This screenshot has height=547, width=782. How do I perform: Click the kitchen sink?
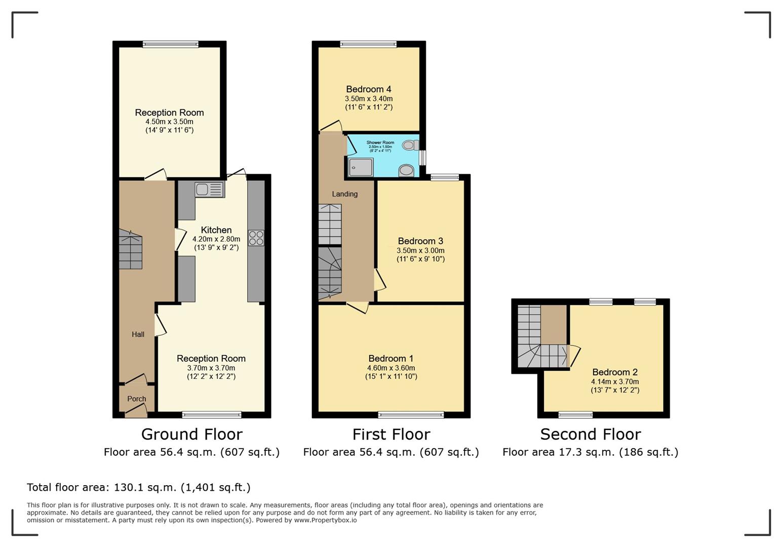pos(210,189)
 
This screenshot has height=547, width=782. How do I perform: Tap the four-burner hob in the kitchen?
pos(256,238)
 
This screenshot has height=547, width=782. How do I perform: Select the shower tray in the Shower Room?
pos(361,167)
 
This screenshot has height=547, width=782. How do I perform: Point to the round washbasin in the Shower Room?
pos(406,171)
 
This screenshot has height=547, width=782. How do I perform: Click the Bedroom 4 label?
pos(369,89)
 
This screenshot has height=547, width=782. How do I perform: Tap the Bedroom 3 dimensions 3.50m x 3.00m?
pos(421,250)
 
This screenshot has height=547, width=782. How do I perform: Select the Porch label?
pos(137,399)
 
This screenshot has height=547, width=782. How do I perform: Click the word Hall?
pos(138,334)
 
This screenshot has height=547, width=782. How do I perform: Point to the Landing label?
pos(344,194)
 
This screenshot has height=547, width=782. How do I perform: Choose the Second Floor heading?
pos(591,434)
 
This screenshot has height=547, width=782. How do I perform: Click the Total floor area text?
pos(139,487)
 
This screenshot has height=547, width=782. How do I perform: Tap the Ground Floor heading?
pos(191,434)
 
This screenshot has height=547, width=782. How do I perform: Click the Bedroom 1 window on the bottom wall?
pos(411,415)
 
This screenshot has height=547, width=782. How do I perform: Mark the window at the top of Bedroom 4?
pos(368,44)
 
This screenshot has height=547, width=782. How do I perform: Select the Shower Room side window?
pos(422,158)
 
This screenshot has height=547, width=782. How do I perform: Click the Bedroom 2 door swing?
pos(574,356)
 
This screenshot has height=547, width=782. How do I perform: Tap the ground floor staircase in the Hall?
pos(131,249)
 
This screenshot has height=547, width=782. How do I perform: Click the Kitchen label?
pos(216,230)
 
